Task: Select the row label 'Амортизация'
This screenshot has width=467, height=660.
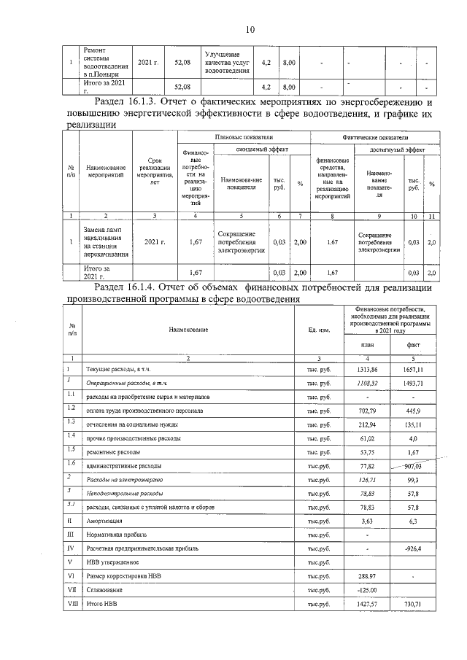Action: point(102,521)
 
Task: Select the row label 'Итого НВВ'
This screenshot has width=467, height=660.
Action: point(101,604)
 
